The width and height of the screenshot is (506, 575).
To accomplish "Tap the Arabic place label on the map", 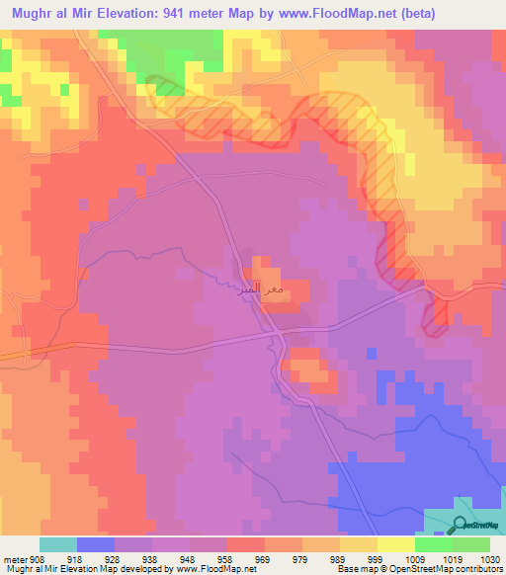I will (264, 290).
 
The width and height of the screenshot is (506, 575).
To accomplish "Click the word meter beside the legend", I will (14, 557).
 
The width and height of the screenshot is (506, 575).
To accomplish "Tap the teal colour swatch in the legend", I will (58, 544).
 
